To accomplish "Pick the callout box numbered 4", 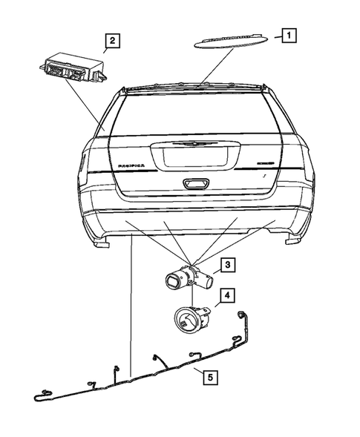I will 228,295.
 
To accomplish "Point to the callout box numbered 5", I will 212,378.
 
